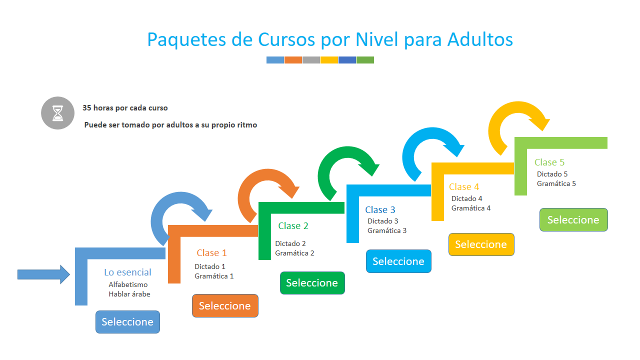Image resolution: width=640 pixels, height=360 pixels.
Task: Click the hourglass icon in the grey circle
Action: pos(57,113)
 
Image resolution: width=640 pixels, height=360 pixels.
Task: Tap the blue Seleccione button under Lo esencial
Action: pos(127,322)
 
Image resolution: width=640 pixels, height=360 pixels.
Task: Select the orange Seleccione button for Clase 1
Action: pos(225,305)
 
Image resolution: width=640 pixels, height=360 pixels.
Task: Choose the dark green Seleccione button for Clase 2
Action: pos(312,283)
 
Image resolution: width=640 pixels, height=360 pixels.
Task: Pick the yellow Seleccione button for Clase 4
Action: pos(481,244)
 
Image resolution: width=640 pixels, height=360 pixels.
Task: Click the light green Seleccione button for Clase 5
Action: pos(573,219)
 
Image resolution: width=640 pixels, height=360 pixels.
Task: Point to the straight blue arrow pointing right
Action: pos(43,274)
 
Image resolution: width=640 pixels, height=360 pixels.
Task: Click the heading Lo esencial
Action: pos(127,272)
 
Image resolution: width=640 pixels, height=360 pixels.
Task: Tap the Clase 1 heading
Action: pos(211,253)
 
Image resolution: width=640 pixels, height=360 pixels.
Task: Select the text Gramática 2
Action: pos(294,253)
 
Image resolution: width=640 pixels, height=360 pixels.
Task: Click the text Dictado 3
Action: pos(383,221)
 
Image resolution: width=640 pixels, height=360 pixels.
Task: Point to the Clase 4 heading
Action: pos(464,187)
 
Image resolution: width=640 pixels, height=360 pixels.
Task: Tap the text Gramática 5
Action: pos(556,183)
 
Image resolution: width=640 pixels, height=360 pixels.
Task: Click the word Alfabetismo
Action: pos(128,284)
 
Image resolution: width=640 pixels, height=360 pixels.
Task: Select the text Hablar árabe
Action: pos(129,294)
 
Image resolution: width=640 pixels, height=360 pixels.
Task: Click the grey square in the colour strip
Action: pos(311,60)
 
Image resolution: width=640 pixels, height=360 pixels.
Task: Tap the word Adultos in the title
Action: pos(480,39)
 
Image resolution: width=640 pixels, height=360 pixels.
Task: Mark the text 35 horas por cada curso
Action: pos(125,108)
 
